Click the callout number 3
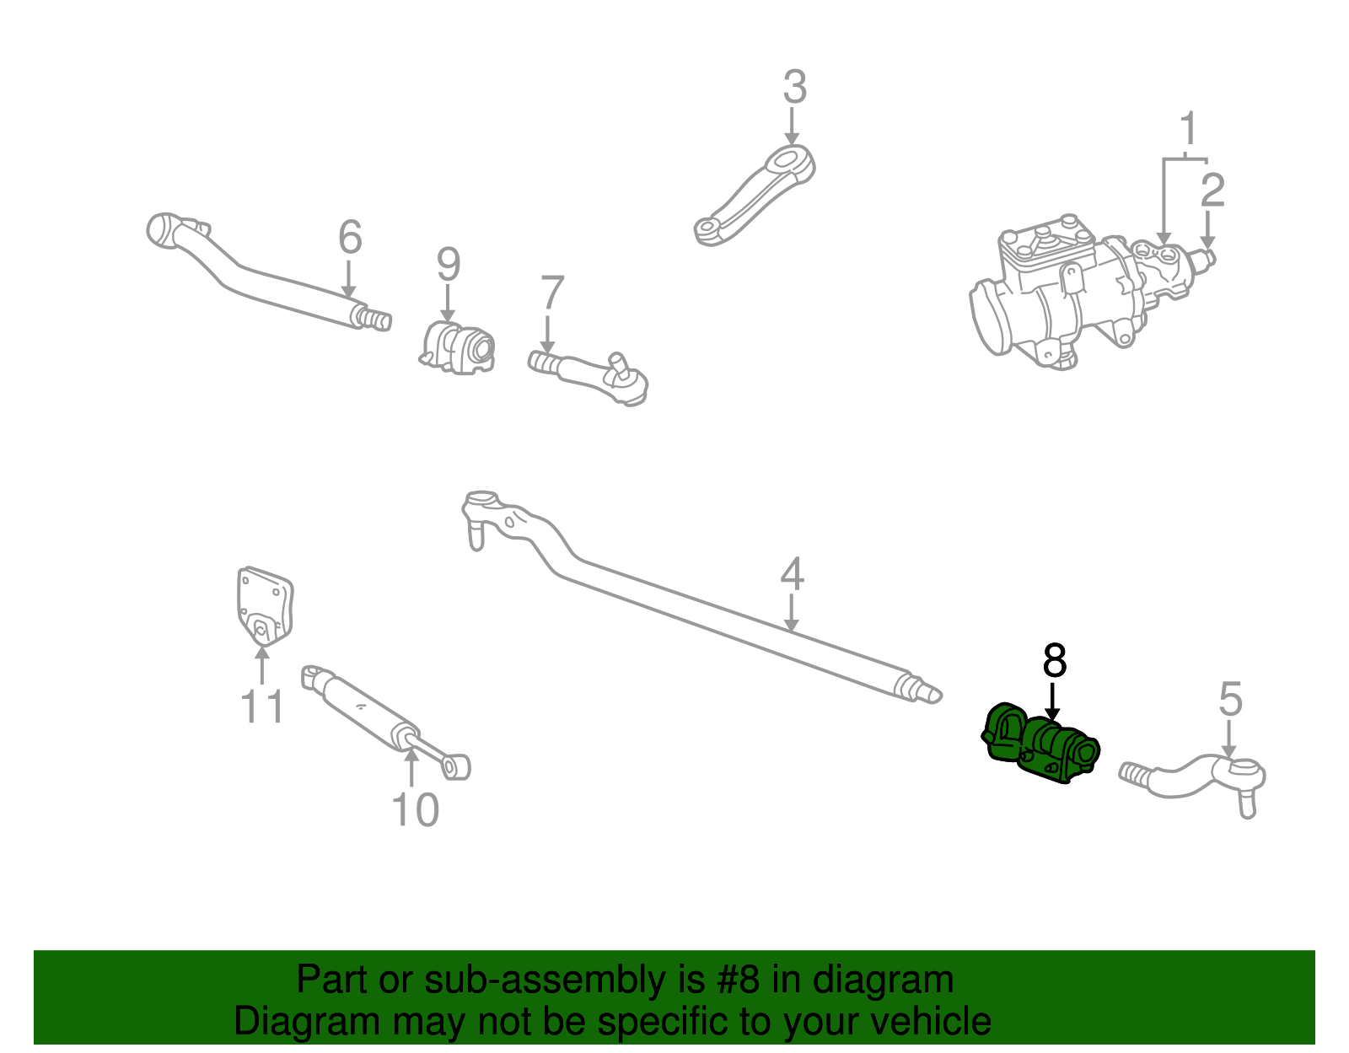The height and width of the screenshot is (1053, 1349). [x=794, y=88]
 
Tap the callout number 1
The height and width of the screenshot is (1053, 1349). [x=1188, y=130]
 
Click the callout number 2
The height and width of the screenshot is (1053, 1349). [x=1212, y=191]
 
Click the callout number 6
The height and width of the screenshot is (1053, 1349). [x=350, y=237]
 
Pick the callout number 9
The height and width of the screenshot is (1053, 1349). [x=449, y=265]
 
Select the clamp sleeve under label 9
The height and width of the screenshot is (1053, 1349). [x=459, y=347]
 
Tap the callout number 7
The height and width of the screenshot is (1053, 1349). [x=551, y=293]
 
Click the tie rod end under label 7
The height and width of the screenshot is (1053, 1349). [x=590, y=375]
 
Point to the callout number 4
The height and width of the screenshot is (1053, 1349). [x=791, y=574]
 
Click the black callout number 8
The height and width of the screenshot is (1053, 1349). [x=1054, y=661]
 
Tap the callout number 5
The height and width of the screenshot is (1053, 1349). [x=1230, y=700]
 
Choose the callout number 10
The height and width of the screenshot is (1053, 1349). [x=415, y=810]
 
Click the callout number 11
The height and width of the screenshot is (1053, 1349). [x=262, y=706]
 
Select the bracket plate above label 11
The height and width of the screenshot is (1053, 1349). [x=263, y=605]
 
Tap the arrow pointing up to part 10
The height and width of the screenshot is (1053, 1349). [x=411, y=767]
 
